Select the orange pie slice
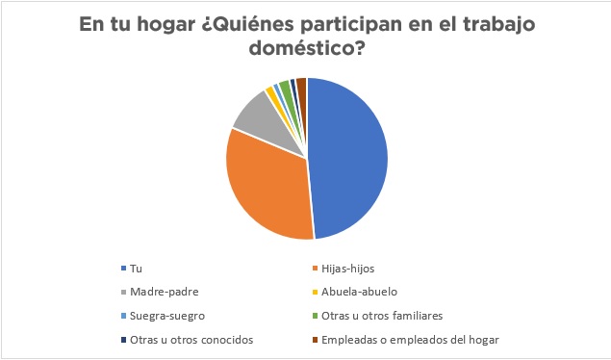tap(269, 188)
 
